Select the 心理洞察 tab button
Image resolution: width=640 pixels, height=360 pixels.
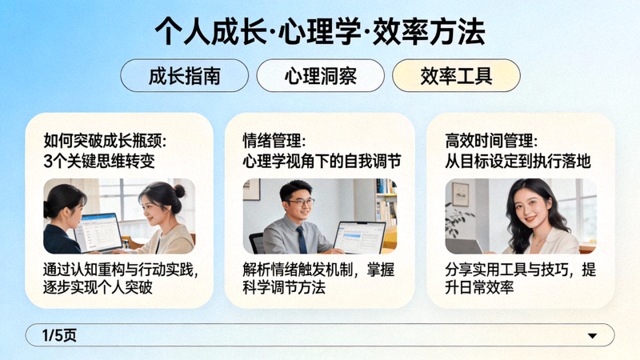click(x=320, y=76)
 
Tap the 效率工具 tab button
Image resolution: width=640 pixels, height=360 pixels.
click(x=456, y=76)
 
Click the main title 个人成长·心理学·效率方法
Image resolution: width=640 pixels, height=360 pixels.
click(x=320, y=32)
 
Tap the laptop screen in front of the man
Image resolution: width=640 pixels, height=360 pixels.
click(x=359, y=237)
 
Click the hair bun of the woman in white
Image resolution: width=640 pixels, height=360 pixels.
click(x=179, y=190)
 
